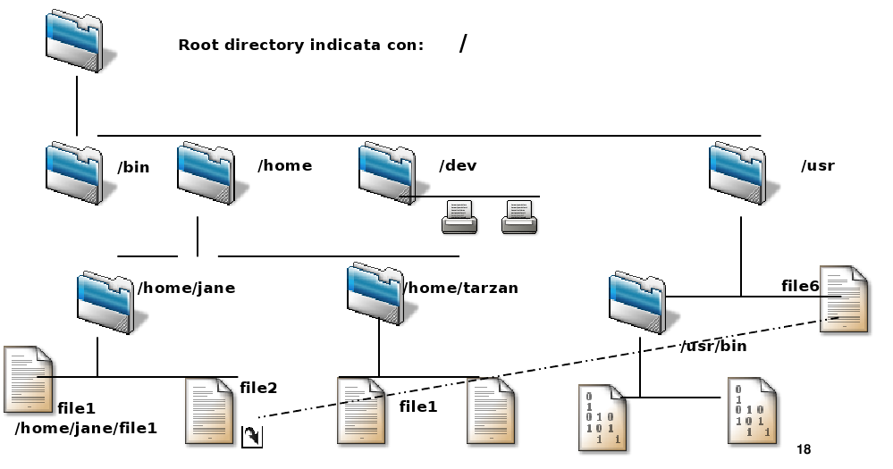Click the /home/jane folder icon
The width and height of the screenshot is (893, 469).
pyautogui.click(x=108, y=301)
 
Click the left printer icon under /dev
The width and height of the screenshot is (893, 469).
pyautogui.click(x=460, y=216)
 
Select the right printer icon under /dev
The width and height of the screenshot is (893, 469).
pyautogui.click(x=519, y=216)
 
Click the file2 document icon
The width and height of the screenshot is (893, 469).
pyautogui.click(x=210, y=411)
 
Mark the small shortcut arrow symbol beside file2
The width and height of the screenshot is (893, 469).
pyautogui.click(x=252, y=436)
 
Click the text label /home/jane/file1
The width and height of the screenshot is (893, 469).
pyautogui.click(x=86, y=429)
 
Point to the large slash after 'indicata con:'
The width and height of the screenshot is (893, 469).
pyautogui.click(x=463, y=43)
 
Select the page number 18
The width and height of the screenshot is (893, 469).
pyautogui.click(x=803, y=449)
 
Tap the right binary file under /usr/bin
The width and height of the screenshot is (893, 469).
pyautogui.click(x=751, y=410)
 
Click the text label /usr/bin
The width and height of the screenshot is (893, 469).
pyautogui.click(x=713, y=346)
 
